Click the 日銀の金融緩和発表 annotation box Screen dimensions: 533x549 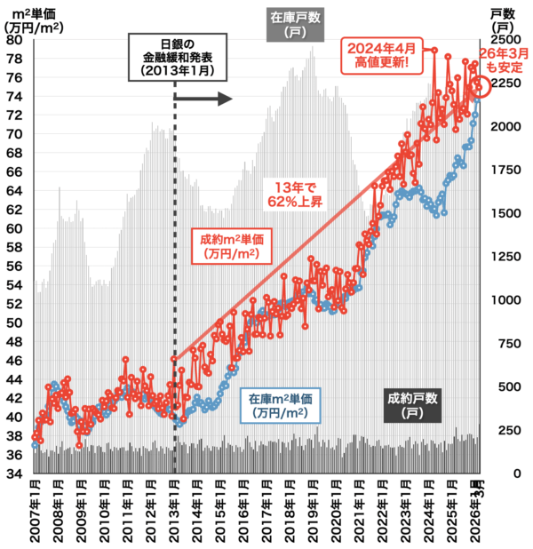coord(178,58)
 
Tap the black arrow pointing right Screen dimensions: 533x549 coord(203,99)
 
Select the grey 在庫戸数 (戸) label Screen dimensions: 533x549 coord(295,25)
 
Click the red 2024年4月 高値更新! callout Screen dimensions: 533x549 coord(382,56)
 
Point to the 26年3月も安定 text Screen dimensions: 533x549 coord(504,60)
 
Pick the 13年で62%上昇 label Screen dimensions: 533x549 coord(295,195)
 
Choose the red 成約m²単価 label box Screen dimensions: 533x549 coord(232,246)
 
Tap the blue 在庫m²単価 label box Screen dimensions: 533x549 coord(280,406)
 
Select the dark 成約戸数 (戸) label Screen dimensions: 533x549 coord(412,405)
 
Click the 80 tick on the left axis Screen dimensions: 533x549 coord(14,40)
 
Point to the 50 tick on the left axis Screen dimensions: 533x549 coord(14,322)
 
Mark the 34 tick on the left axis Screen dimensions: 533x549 coord(14,473)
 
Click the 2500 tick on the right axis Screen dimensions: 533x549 coord(505,40)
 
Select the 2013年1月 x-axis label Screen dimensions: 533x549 coord(174,511)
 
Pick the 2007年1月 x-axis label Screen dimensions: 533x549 coord(35,511)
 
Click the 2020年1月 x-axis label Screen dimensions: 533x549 coord(336,511)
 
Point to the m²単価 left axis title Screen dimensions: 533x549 coord(34,21)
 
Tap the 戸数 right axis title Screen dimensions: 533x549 coord(503,20)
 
